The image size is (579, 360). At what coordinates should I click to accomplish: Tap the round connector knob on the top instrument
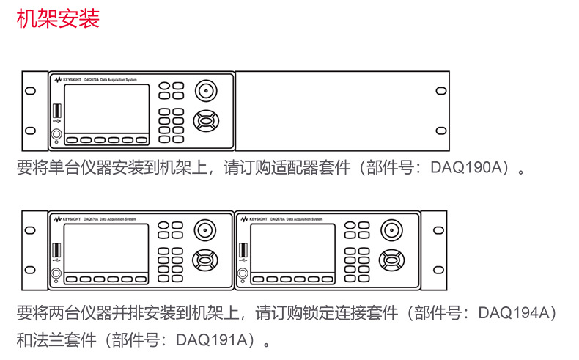point(206,92)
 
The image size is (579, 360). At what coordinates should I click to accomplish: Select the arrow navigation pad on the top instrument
point(206,120)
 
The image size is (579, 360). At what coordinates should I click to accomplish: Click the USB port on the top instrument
point(56,111)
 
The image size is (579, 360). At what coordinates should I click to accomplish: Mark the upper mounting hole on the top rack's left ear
point(30,91)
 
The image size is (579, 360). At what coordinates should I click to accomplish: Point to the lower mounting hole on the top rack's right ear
point(440,131)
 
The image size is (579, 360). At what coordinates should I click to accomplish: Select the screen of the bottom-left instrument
point(106,249)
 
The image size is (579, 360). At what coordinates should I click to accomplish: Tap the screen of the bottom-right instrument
point(292,249)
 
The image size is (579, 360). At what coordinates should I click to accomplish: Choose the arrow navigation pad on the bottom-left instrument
point(206,260)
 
